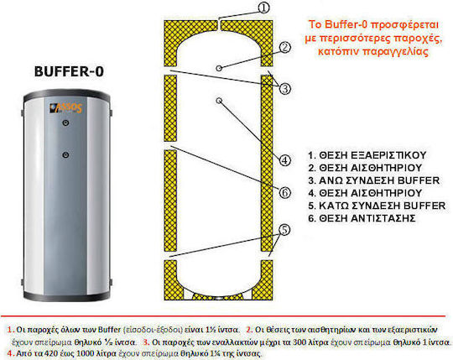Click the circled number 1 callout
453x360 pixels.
pyautogui.click(x=263, y=8)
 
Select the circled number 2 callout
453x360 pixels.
pyautogui.click(x=285, y=47)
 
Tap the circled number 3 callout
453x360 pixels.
pyautogui.click(x=285, y=88)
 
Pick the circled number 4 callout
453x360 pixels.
pyautogui.click(x=284, y=159)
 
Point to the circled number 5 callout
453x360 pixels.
pyautogui.click(x=284, y=230)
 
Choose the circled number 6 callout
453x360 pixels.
pyautogui.click(x=284, y=192)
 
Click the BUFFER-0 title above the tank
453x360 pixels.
pyautogui.click(x=69, y=71)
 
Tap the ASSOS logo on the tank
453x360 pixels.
pyautogui.click(x=66, y=107)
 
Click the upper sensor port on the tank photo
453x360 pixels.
pyautogui.click(x=65, y=123)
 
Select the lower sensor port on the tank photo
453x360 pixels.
pyautogui.click(x=65, y=155)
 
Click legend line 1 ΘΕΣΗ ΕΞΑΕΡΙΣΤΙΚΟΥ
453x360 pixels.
pyautogui.click(x=367, y=155)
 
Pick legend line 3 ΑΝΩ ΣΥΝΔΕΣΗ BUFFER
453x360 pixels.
pyautogui.click(x=373, y=180)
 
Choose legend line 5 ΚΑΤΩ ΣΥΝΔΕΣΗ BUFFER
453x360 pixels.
pyautogui.click(x=377, y=206)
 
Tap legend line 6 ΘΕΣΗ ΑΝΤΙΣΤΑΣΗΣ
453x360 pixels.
pyautogui.click(x=362, y=218)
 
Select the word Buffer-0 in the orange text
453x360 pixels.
pyautogui.click(x=346, y=24)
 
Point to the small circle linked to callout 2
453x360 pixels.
pyautogui.click(x=219, y=68)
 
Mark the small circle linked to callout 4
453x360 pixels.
pyautogui.click(x=219, y=100)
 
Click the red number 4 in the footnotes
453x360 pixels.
pyautogui.click(x=10, y=353)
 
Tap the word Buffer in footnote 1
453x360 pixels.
pyautogui.click(x=109, y=330)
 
